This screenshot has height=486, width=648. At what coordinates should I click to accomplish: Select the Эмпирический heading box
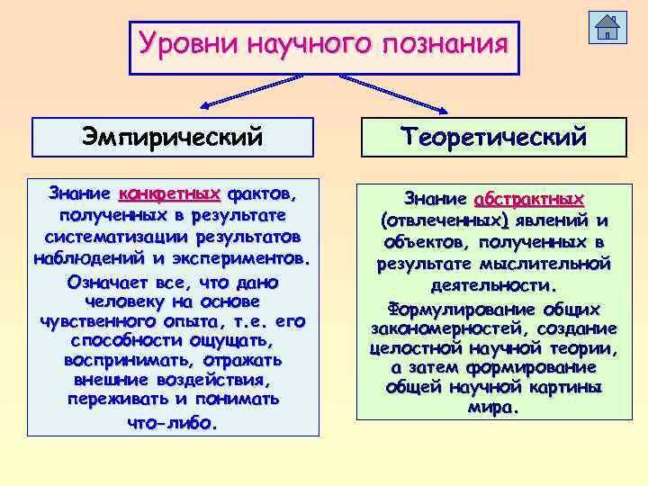[173, 137]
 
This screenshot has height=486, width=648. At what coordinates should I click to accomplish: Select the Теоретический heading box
[494, 137]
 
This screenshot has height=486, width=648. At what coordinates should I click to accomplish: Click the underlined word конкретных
[169, 194]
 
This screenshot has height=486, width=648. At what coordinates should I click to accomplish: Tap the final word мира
[492, 408]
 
